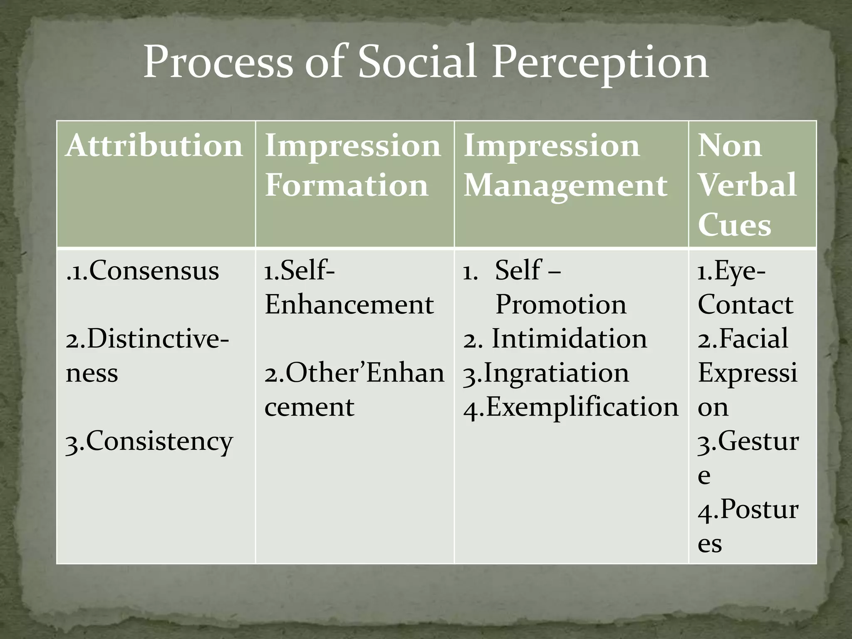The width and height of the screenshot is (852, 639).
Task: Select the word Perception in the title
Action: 600,63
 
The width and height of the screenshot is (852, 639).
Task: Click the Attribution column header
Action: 154,146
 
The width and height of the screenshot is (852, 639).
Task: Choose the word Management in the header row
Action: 565,186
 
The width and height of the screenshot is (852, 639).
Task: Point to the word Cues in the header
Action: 734,225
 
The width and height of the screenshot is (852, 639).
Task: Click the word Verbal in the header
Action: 747,185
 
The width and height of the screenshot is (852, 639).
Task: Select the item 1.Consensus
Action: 143,271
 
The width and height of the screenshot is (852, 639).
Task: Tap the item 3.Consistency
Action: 149,442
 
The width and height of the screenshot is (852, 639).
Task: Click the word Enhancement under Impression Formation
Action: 349,305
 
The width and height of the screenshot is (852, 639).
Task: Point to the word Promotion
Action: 561,305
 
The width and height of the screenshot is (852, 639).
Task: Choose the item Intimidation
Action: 569,339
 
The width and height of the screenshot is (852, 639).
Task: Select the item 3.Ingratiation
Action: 546,373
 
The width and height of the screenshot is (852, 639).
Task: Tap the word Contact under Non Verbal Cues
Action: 745,305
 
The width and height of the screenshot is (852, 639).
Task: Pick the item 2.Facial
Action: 743,339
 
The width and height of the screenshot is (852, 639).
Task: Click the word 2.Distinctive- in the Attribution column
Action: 147,339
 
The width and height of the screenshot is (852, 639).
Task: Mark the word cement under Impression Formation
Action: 309,407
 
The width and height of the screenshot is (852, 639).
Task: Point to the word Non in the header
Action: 730,146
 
